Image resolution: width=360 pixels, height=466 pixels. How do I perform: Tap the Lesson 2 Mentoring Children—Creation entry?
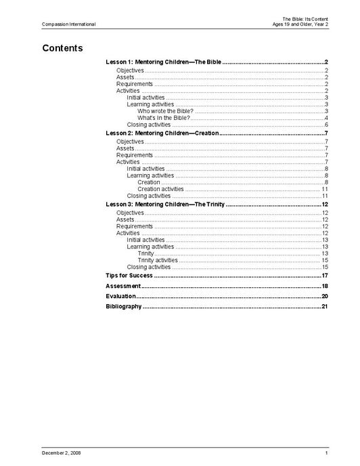[162, 133]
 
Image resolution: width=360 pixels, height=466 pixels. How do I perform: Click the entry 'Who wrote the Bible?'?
[165, 110]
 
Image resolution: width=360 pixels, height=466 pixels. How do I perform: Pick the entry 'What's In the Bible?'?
[164, 117]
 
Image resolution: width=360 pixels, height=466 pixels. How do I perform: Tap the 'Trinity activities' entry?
[158, 260]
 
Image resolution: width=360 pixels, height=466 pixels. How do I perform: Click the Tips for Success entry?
[129, 276]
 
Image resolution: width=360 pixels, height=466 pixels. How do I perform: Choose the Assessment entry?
[123, 287]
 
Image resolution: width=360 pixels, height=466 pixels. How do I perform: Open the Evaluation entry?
[121, 297]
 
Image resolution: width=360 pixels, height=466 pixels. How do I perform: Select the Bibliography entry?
[124, 307]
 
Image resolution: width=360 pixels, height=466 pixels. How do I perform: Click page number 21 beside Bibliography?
[325, 307]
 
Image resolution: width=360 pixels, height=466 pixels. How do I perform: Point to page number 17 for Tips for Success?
[325, 276]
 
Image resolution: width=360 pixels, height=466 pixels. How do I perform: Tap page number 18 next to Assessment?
[325, 287]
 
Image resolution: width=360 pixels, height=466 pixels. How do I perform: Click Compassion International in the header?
[68, 24]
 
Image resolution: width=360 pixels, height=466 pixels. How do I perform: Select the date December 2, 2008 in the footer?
[61, 452]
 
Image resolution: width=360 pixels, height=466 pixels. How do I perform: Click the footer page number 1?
[326, 452]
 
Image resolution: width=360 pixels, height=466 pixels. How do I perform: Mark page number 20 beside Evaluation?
[325, 297]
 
